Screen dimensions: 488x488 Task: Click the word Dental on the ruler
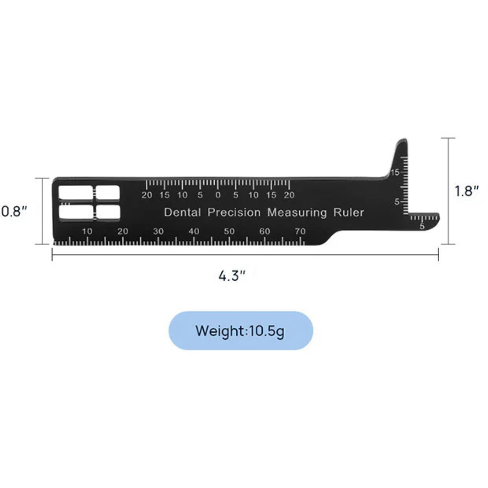(182, 212)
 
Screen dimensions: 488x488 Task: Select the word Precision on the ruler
(234, 212)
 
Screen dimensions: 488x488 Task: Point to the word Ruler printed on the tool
(349, 212)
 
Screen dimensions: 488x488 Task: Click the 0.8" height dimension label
(14, 211)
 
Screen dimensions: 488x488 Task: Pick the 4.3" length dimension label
(232, 276)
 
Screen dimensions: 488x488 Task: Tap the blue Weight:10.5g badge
(241, 331)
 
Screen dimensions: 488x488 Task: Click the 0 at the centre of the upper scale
(218, 195)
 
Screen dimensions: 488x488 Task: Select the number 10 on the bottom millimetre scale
(87, 231)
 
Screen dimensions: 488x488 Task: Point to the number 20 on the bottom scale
(123, 231)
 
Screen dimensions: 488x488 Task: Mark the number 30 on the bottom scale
(158, 231)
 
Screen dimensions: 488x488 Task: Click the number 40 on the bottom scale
(194, 231)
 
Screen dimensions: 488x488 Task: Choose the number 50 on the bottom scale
(229, 231)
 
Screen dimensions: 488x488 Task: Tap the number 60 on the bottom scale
(265, 231)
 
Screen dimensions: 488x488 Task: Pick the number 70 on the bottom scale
(300, 231)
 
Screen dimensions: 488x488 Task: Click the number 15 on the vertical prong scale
(394, 172)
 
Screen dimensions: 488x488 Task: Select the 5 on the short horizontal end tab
(422, 227)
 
